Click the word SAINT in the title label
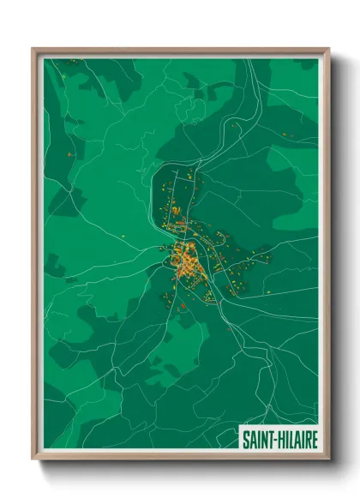point(256,440)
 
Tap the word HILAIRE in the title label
point(297,440)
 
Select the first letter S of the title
point(244,440)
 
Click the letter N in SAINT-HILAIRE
point(262,440)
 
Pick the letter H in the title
point(279,440)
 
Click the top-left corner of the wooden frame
point(33,49)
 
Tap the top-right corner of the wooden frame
point(328,49)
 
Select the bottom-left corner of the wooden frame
point(33,460)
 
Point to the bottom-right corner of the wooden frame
point(328,460)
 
